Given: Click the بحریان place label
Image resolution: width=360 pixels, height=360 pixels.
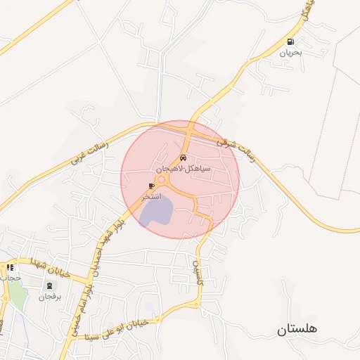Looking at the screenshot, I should coord(290,53).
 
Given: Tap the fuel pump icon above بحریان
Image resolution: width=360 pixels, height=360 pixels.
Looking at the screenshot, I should coord(290,41).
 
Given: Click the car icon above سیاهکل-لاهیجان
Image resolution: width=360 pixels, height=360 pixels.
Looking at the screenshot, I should coord(183,158).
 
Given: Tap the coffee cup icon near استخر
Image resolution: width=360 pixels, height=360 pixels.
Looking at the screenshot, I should coord(152,186).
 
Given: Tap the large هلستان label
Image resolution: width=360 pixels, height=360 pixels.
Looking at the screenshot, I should coord(297,329).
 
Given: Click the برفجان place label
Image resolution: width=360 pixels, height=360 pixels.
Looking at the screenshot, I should coord(50,297).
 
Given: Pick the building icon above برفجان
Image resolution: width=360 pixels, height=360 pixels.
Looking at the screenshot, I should coord(49,286).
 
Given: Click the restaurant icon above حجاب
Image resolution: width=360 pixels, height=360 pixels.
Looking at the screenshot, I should coord(11,267).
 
